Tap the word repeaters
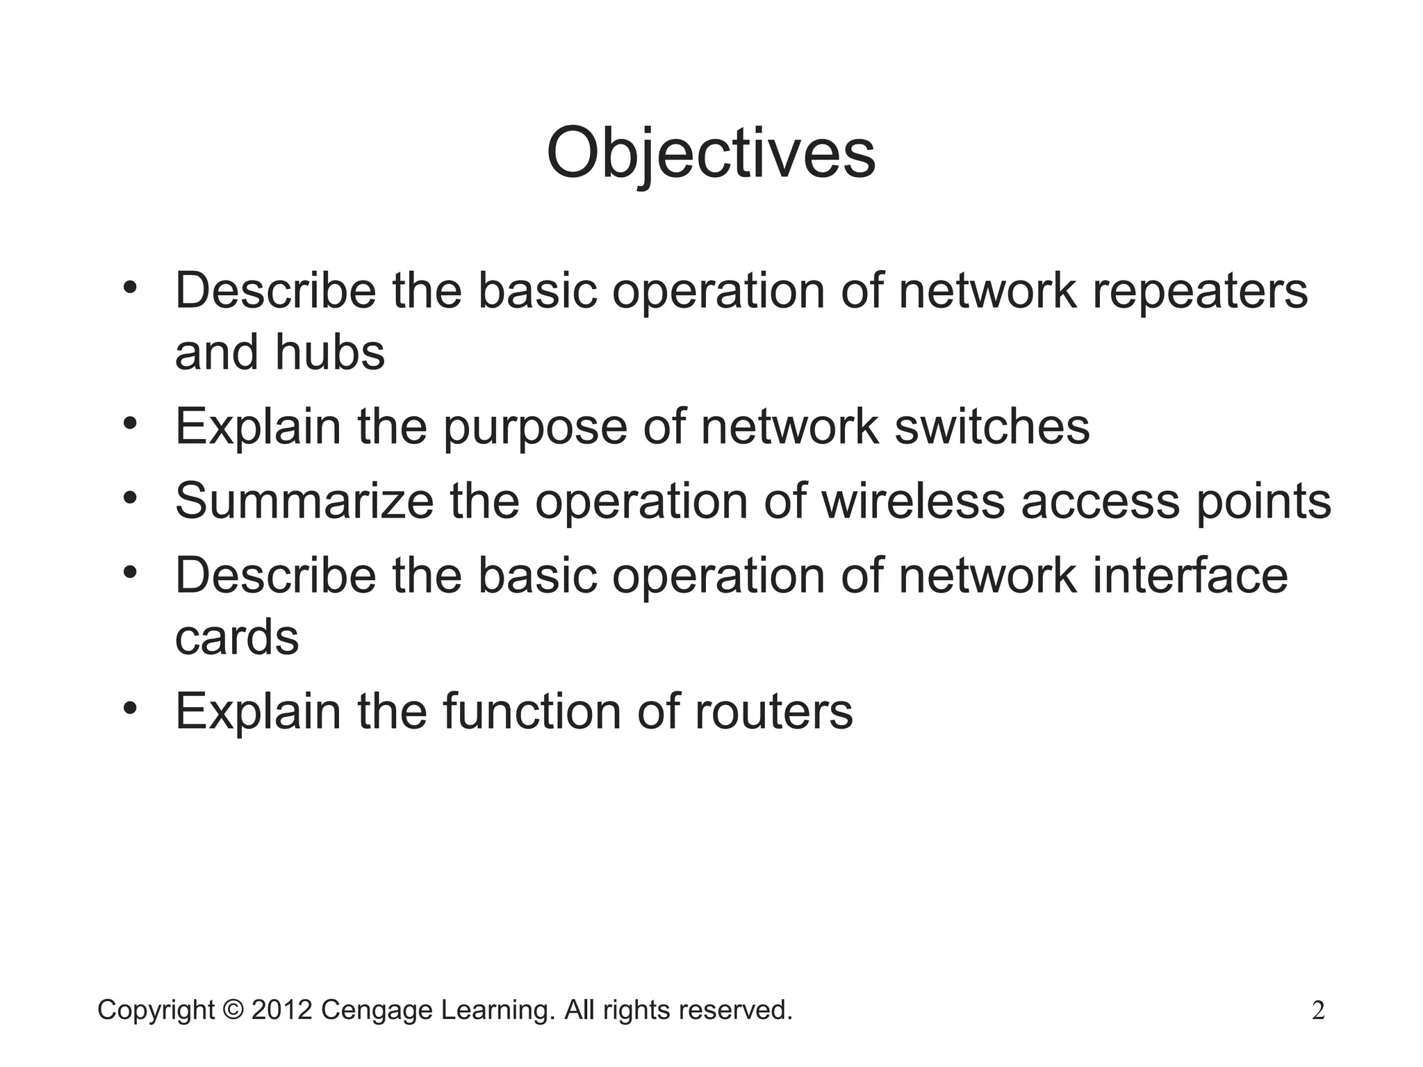[x=1200, y=292]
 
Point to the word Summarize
[x=304, y=501]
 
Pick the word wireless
[x=913, y=501]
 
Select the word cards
[x=236, y=638]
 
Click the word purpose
[x=535, y=428]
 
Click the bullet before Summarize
[x=130, y=497]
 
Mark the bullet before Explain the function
[x=130, y=708]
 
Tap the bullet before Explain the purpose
[x=130, y=422]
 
